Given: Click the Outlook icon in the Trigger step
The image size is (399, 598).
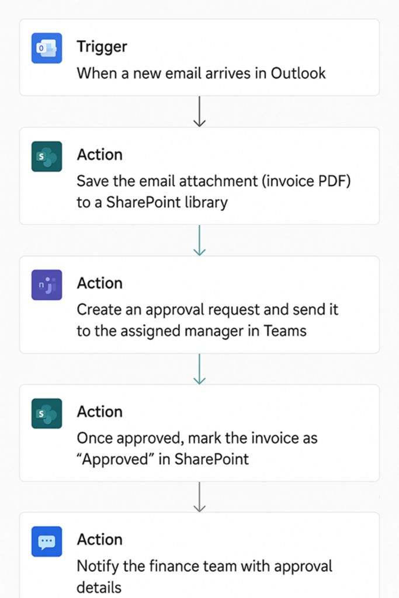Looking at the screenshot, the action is click(47, 48).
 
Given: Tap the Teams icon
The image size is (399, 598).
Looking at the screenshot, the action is click(47, 285).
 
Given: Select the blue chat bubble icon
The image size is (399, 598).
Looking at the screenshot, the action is click(47, 541).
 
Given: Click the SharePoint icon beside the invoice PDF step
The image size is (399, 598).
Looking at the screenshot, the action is click(47, 157).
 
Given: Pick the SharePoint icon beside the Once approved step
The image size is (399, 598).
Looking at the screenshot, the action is click(47, 413).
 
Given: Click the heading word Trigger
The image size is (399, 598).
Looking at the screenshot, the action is click(102, 47).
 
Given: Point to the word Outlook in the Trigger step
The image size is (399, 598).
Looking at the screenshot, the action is click(299, 73).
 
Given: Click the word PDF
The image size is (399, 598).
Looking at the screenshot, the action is click(334, 181).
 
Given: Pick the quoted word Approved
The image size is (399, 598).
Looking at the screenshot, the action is click(115, 460).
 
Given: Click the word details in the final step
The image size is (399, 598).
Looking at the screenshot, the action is click(99, 587).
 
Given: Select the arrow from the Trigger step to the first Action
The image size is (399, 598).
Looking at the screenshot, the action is click(200, 112).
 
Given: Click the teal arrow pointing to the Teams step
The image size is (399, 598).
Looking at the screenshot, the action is click(200, 240).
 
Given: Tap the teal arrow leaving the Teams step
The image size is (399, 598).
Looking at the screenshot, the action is click(200, 369).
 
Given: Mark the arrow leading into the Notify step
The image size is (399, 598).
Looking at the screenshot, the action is click(200, 497).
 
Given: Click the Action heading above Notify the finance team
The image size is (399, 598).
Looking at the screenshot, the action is click(100, 540).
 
